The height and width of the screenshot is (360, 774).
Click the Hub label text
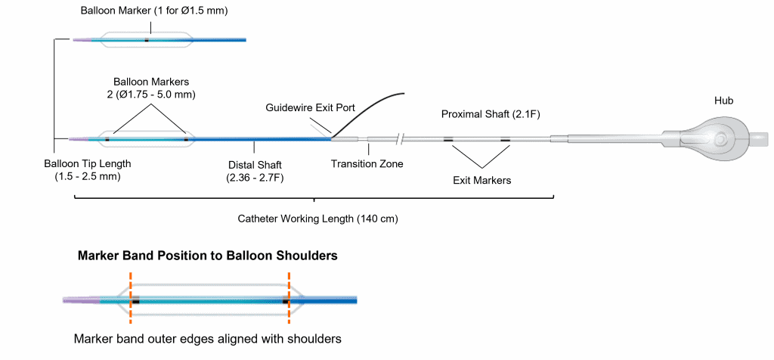pyautogui.click(x=724, y=100)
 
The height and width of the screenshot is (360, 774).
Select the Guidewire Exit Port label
pyautogui.click(x=310, y=108)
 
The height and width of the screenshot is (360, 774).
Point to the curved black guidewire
pyautogui.click(x=370, y=107)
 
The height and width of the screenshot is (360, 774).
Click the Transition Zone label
pyautogui.click(x=367, y=163)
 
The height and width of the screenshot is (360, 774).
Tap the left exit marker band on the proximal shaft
pyautogui.click(x=449, y=140)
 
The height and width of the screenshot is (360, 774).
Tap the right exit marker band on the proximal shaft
pyautogui.click(x=505, y=140)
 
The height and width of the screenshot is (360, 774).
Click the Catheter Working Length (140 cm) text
pyautogui.click(x=317, y=219)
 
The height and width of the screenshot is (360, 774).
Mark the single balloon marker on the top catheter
pyautogui.click(x=147, y=40)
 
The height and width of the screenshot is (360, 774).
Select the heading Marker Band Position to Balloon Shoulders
pyautogui.click(x=207, y=256)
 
